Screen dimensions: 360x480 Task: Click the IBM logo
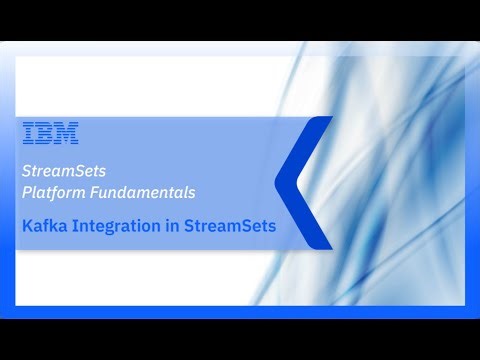tap(50, 134)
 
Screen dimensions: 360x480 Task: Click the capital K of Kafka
tap(27, 226)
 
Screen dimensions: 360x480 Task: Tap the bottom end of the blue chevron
tap(322, 242)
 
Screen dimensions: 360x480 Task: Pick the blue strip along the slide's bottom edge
tap(240, 311)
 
